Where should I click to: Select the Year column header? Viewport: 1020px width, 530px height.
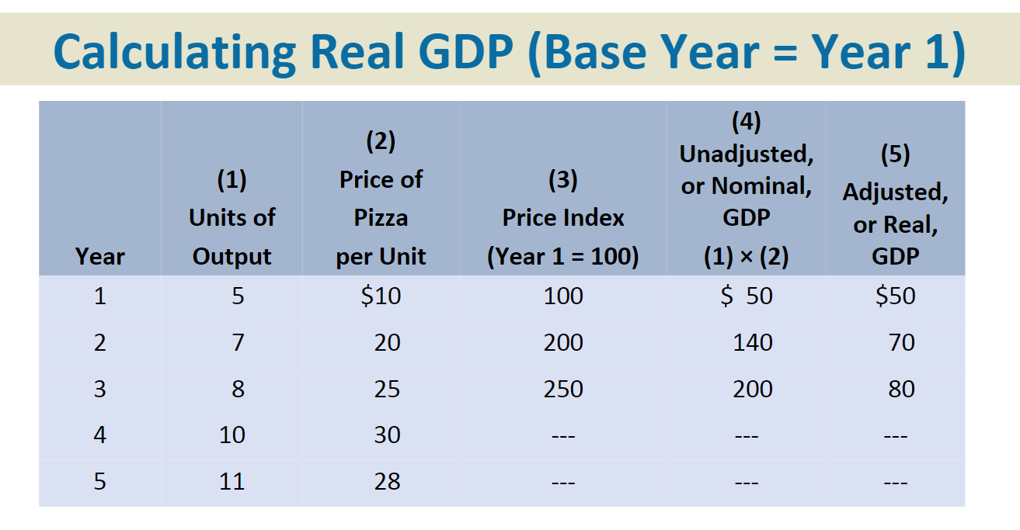(x=99, y=256)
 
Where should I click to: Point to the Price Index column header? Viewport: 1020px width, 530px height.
(x=563, y=218)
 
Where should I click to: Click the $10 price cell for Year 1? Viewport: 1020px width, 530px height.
(x=381, y=296)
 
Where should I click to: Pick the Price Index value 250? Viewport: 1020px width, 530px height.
(x=563, y=389)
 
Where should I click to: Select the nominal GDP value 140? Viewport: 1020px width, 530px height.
(x=752, y=342)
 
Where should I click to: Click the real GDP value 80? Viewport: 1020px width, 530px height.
(x=901, y=389)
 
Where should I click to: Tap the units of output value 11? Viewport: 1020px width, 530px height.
(x=232, y=481)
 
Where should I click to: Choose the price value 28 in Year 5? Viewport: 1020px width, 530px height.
(x=387, y=481)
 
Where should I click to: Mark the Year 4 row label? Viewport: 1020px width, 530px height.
(x=99, y=435)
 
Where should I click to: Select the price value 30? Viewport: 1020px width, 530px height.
(x=387, y=435)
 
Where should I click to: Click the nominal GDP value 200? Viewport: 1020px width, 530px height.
(x=752, y=389)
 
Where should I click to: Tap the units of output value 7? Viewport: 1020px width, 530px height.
(x=238, y=342)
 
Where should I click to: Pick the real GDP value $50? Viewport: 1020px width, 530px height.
(x=895, y=296)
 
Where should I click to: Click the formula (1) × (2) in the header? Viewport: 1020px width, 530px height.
(x=746, y=257)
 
